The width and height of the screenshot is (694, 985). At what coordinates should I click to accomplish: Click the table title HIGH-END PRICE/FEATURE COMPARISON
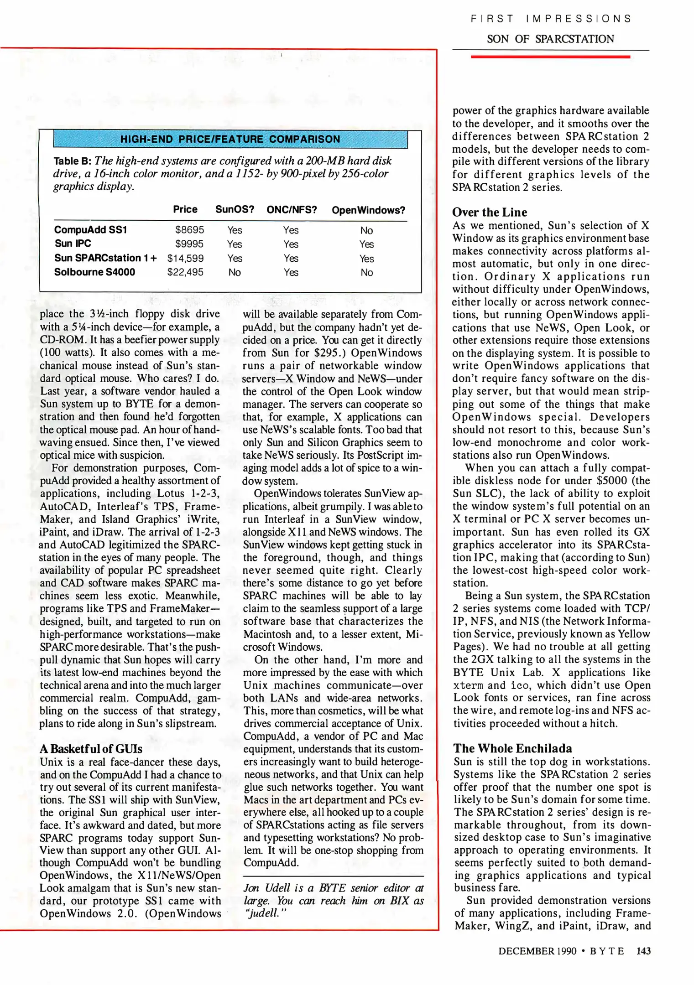pyautogui.click(x=230, y=139)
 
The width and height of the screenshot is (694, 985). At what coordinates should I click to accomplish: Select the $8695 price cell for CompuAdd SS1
pyautogui.click(x=189, y=230)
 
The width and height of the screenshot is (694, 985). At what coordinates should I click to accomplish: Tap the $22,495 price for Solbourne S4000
pyautogui.click(x=185, y=272)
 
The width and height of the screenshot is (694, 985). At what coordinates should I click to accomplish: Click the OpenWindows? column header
pyautogui.click(x=368, y=210)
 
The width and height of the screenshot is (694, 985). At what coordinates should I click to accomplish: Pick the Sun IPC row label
pyautogui.click(x=73, y=244)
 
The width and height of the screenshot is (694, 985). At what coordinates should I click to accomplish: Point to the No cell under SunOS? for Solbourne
pyautogui.click(x=235, y=272)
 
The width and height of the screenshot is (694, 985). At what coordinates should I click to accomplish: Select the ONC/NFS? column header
pyautogui.click(x=292, y=210)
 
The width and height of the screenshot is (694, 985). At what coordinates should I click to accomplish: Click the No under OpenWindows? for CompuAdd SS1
pyautogui.click(x=366, y=230)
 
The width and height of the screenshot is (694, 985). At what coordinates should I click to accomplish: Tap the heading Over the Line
pyautogui.click(x=489, y=213)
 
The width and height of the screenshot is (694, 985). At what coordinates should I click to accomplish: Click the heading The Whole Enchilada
pyautogui.click(x=512, y=748)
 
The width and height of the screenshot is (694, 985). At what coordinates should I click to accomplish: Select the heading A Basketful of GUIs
pyautogui.click(x=91, y=749)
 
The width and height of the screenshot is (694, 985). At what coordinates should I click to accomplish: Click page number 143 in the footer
pyautogui.click(x=643, y=951)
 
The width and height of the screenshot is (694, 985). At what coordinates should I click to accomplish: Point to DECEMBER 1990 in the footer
pyautogui.click(x=537, y=951)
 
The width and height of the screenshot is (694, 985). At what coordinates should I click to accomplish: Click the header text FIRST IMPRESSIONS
pyautogui.click(x=551, y=19)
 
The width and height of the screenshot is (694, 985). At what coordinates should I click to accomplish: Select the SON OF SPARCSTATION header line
pyautogui.click(x=550, y=39)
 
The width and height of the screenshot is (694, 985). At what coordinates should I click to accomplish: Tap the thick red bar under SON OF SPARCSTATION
pyautogui.click(x=550, y=57)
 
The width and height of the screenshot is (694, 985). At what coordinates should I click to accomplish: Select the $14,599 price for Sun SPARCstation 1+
pyautogui.click(x=185, y=258)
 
